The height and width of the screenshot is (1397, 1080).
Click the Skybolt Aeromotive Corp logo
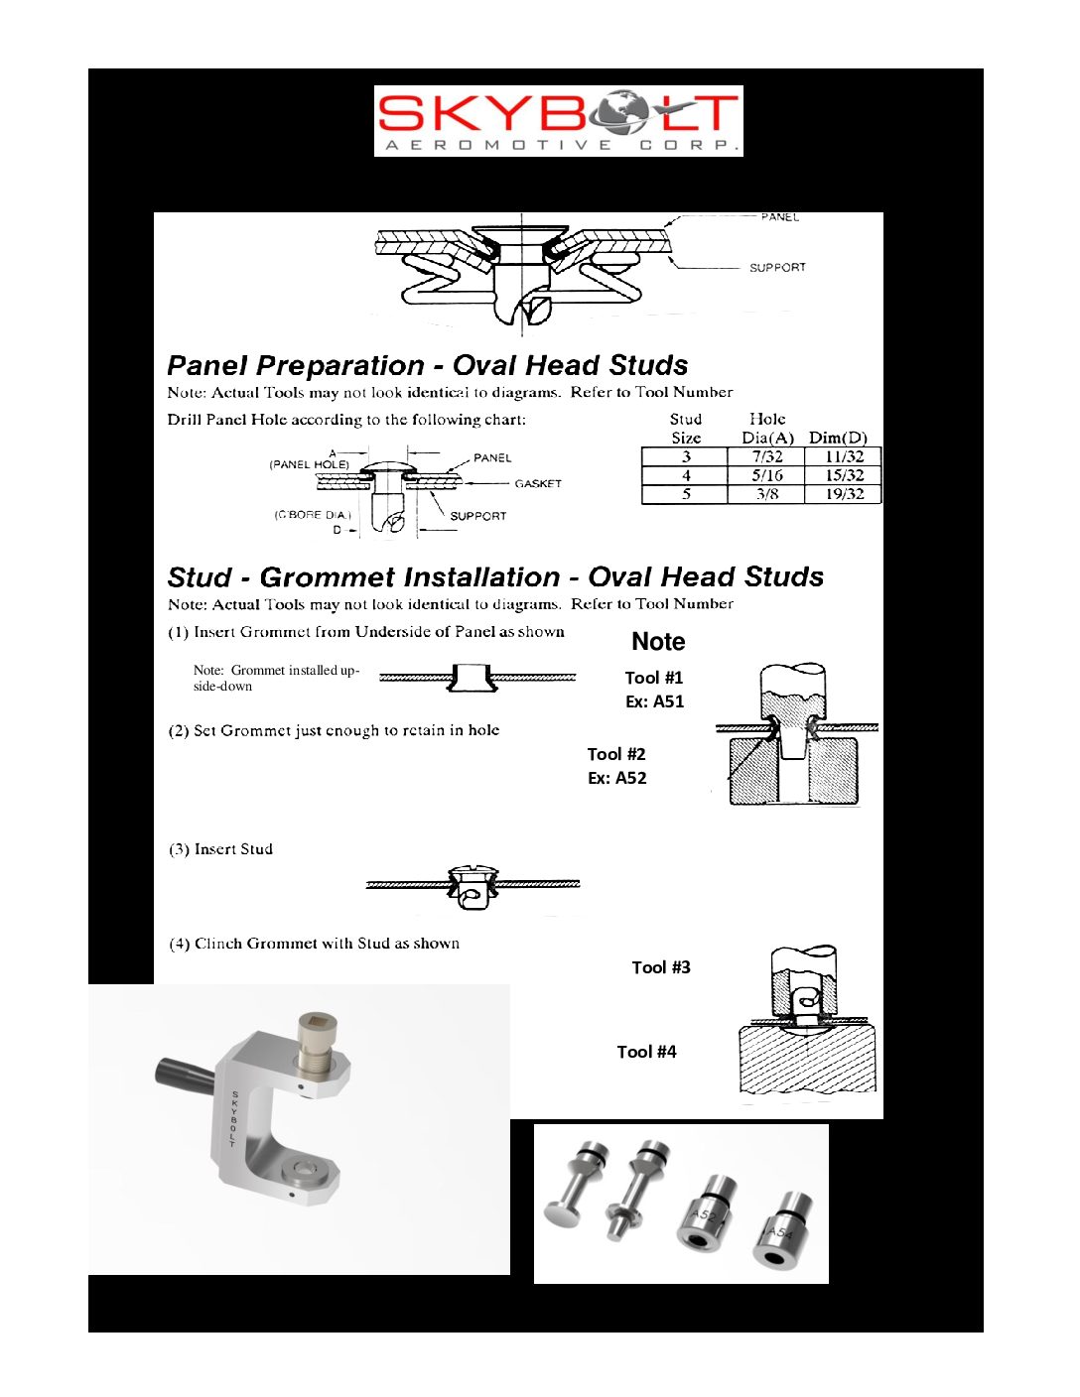pos(558,120)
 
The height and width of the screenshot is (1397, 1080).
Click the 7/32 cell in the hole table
pos(766,457)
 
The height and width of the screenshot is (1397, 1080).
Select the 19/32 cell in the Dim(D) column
pos(844,494)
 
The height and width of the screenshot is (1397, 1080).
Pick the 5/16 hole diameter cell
pos(766,475)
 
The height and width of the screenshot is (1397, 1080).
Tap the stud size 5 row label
pos(685,494)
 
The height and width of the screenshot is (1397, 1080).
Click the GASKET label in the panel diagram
pos(538,484)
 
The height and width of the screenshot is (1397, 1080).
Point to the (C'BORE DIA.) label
pos(313,515)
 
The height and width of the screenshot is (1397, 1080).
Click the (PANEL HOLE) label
pos(309,464)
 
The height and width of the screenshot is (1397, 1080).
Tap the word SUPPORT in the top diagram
pos(777,268)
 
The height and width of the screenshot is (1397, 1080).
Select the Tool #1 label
pos(654,678)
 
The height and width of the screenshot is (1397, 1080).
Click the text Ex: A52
pos(617,778)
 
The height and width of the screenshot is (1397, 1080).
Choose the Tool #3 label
pos(661,967)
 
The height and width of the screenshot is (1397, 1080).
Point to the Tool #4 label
pos(646,1052)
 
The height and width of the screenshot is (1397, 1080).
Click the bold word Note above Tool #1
pos(658,642)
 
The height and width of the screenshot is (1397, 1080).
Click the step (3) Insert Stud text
pos(220,849)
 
